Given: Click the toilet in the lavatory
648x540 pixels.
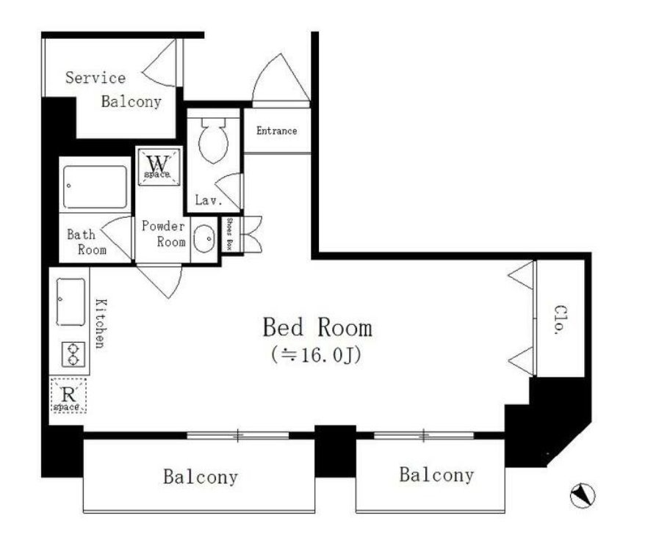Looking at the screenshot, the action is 213,140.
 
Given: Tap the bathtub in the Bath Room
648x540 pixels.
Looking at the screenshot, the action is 95,187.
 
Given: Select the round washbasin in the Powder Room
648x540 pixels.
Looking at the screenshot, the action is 204,239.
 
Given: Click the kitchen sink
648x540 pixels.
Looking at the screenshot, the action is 71,302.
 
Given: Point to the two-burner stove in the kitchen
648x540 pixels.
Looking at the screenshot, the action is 73,354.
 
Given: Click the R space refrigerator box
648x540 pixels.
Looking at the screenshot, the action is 68,395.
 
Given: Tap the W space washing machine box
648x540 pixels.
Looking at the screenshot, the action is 159,167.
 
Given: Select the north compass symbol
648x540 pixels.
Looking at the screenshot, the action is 583,495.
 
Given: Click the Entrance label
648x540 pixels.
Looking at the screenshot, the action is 276,131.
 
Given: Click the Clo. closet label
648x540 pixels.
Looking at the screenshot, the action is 560,319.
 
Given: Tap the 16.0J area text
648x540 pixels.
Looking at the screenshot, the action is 317,354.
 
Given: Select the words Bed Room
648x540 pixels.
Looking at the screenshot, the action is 317,327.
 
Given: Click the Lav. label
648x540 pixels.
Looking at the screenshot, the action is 209,200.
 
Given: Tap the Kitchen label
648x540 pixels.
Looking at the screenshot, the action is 101,324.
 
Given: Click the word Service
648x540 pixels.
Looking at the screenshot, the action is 96,78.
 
